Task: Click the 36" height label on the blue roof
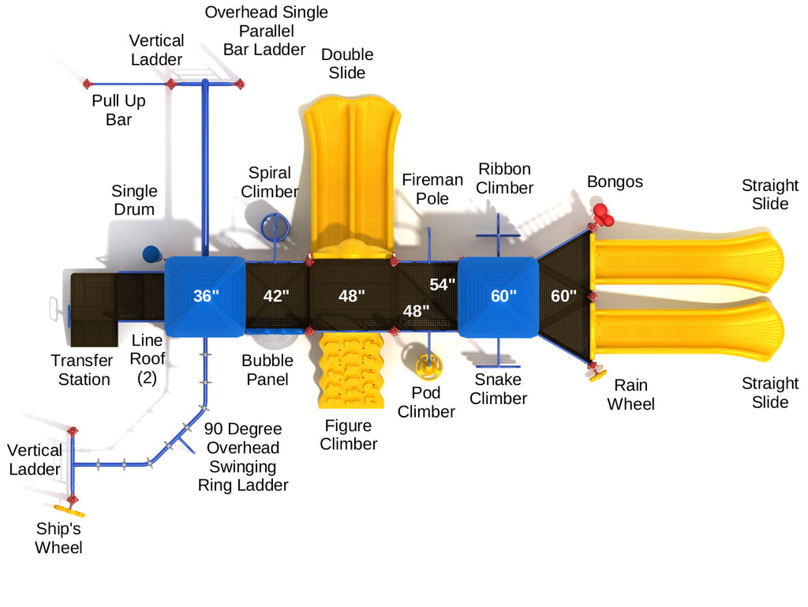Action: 205,297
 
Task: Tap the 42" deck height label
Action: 275,297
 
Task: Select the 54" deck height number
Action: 443,284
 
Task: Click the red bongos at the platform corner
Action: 601,214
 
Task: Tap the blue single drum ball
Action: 151,254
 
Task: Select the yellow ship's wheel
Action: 69,509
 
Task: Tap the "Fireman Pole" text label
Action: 432,189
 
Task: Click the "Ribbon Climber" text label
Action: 504,178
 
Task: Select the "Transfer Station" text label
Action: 80,369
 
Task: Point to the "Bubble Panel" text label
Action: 267,369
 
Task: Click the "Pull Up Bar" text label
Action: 118,110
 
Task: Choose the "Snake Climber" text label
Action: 499,388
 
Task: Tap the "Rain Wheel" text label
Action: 631,395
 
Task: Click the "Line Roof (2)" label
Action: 148,358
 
